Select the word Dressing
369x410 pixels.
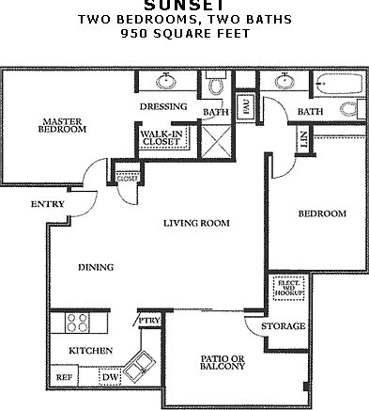pos(163,106)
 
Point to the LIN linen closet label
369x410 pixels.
pos(303,139)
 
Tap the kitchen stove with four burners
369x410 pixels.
pos(76,324)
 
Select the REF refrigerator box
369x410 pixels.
pos(64,376)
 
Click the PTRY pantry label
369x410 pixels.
pos(148,321)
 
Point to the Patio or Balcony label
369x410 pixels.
pos(223,361)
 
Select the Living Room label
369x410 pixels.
pos(197,223)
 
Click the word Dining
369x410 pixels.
pos(95,267)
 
